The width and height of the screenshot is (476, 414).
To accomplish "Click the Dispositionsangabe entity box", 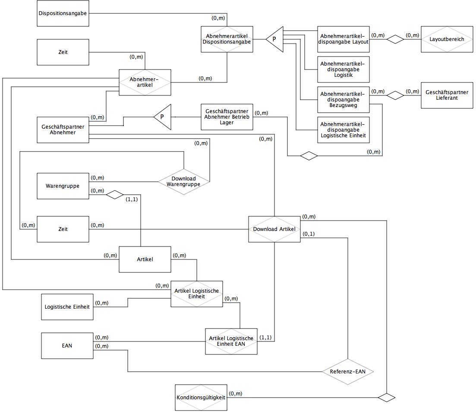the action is coord(63,13).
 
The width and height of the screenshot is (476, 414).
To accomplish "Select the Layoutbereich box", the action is coord(447,39).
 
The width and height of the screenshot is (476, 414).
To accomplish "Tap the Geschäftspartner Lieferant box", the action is coord(447,95).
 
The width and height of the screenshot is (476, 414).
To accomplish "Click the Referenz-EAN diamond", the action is coord(348,371).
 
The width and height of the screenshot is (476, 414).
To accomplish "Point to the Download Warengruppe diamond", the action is coord(184,182).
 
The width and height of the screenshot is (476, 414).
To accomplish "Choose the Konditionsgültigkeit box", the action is coord(201,398).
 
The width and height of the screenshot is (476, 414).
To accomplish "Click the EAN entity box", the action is coord(67,346).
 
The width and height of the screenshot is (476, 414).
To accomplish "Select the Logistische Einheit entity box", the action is coord(67,307).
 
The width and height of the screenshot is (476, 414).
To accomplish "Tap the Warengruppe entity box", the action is coord(63,186).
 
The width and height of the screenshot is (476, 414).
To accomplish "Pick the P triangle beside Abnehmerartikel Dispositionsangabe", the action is coord(275,39).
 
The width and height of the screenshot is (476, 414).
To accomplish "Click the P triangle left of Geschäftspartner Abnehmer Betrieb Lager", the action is coord(162,117).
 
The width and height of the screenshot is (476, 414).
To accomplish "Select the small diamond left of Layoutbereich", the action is coord(395,39).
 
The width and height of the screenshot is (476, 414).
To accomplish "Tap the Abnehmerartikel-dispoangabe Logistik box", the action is coord(344,70).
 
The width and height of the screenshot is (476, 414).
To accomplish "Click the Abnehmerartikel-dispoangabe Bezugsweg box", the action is coord(344,100).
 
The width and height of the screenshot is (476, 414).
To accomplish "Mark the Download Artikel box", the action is coord(274,229).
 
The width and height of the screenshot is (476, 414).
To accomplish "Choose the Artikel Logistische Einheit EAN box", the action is coord(231,341).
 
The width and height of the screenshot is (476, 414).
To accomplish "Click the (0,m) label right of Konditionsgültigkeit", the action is coord(236,394).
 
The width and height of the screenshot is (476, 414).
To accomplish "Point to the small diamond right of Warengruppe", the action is coord(115,195).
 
